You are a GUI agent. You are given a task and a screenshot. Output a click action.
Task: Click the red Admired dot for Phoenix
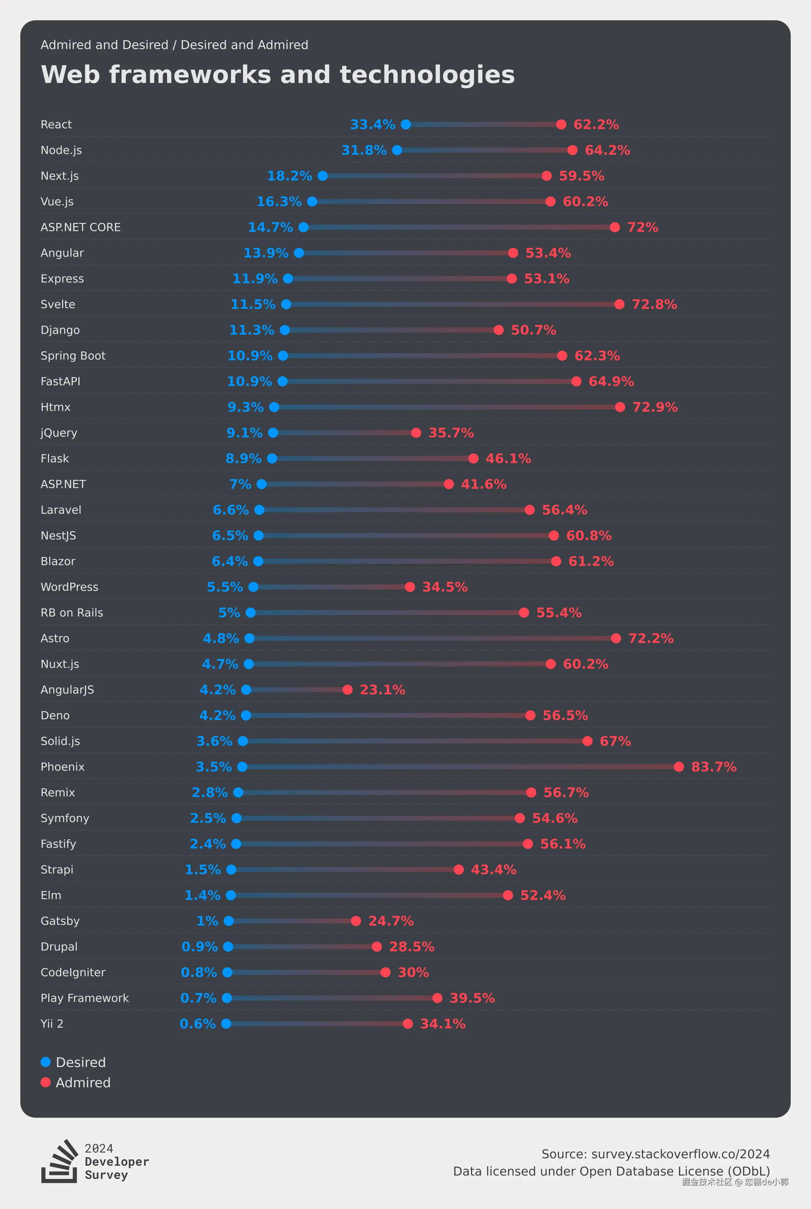coord(679,767)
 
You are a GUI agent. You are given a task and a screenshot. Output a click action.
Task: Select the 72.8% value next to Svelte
coord(654,304)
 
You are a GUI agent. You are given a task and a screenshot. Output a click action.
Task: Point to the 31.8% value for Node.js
coord(364,150)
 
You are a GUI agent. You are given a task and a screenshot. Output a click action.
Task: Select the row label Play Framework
coord(84,998)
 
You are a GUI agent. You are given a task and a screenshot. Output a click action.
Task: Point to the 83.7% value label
coord(714,767)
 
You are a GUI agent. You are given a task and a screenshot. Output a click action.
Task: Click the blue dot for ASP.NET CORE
coord(303,227)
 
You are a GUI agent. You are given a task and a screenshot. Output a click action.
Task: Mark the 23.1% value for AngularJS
coord(382,690)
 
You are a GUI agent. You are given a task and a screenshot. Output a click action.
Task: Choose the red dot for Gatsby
coord(356,921)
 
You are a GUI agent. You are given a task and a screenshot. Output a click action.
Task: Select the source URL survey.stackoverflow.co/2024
coord(680,1154)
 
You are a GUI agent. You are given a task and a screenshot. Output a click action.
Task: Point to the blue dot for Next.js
coord(323,176)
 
